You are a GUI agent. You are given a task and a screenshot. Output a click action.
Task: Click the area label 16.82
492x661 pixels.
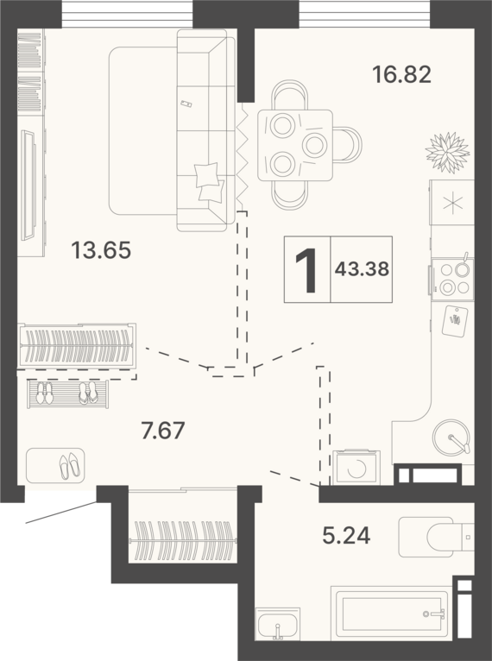coord(401,74)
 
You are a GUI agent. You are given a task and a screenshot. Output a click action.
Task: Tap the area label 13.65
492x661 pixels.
coord(101,249)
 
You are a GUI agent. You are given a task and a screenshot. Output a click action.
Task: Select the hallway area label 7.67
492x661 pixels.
coord(163,431)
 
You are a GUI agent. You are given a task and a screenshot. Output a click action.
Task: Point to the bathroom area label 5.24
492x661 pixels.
coord(346,535)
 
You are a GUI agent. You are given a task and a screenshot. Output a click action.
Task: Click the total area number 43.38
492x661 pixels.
coord(362,269)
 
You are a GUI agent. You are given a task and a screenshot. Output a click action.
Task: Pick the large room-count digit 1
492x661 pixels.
coord(306,270)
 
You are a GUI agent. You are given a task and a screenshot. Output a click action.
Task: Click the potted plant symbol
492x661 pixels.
coord(447,153)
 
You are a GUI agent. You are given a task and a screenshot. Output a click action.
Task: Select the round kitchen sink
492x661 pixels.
coord(451,438)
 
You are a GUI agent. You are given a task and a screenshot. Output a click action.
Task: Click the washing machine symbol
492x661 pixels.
coord(356,468)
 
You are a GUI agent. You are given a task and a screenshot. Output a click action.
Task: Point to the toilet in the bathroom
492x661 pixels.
coord(437,537)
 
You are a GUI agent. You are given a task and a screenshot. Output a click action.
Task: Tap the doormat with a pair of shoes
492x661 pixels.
coord(55,465)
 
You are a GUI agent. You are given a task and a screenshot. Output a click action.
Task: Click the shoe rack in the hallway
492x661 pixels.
coord(68,393)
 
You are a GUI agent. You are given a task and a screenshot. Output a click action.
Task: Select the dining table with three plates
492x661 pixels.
coord(295,146)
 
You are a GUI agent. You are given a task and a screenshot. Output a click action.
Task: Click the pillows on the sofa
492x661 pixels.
coord(209,182)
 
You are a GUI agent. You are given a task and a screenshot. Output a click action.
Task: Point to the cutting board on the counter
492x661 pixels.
coord(455,321)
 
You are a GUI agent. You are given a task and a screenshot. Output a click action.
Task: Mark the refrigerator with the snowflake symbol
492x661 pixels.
coord(452,202)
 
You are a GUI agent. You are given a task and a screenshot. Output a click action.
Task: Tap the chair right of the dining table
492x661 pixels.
coord(348,144)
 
